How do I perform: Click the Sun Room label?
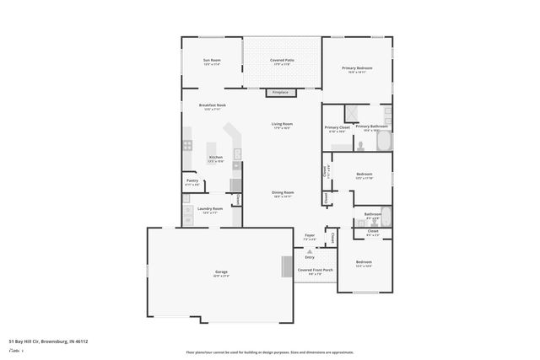click(x=211, y=62)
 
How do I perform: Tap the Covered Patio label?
click(x=281, y=62)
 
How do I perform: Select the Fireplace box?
click(x=280, y=92)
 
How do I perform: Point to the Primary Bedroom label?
click(x=357, y=69)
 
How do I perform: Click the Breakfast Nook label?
click(x=211, y=106)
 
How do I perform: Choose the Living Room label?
click(x=281, y=126)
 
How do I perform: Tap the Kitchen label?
click(x=216, y=159)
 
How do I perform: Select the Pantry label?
click(x=192, y=181)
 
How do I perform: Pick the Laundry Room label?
click(x=210, y=210)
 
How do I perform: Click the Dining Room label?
click(x=282, y=193)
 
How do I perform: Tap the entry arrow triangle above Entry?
click(x=310, y=250)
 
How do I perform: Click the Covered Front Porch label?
click(x=315, y=271)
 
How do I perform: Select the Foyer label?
click(x=310, y=238)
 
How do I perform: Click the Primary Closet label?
click(x=337, y=129)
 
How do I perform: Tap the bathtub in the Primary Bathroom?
click(x=384, y=141)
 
